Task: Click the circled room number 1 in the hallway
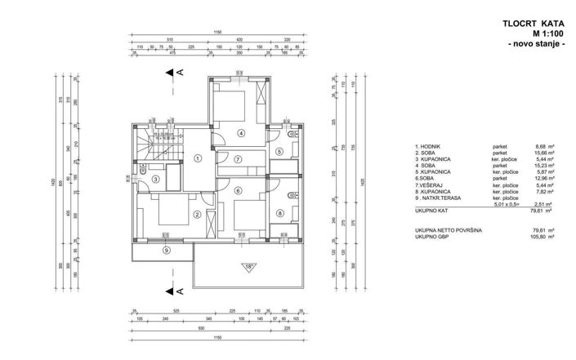199,158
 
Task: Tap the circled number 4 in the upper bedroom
242,132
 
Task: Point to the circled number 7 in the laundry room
238,158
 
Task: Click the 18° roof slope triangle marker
248,266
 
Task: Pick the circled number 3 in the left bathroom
155,179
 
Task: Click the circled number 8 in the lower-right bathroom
279,214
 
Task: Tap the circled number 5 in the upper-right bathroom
279,151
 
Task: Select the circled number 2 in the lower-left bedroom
196,215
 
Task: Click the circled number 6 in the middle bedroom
238,191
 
